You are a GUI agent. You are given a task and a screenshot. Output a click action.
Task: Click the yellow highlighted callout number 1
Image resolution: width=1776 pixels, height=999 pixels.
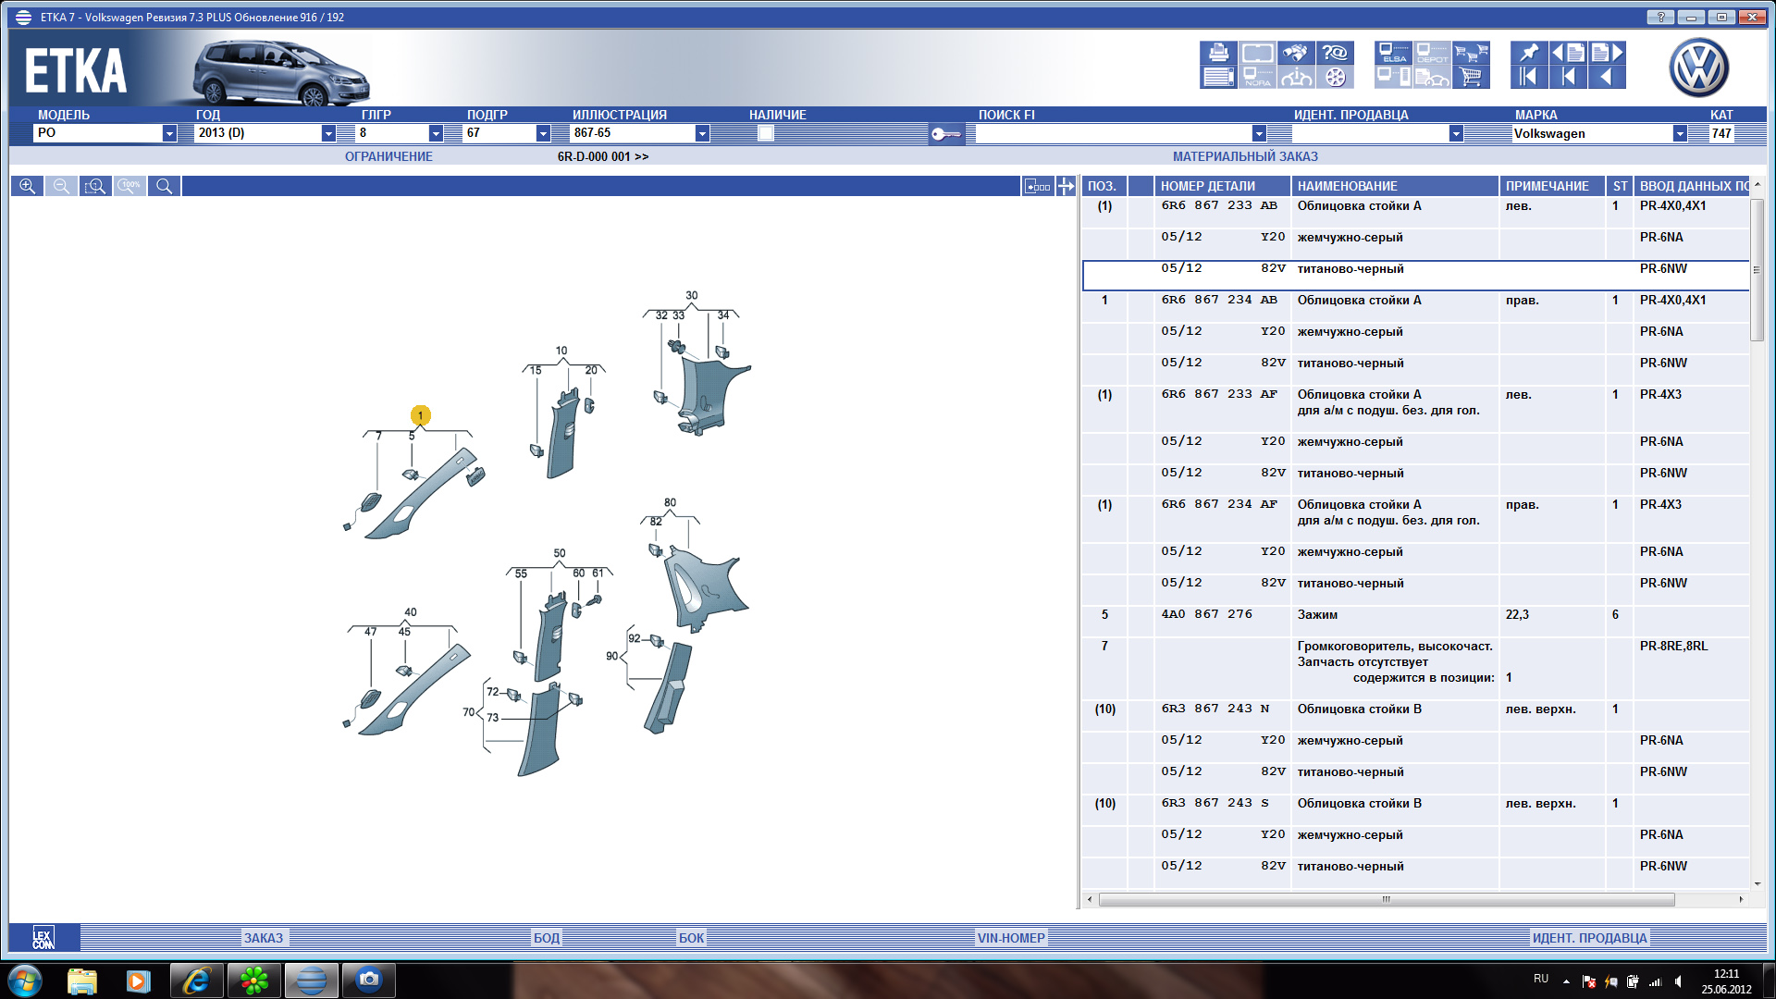tap(421, 415)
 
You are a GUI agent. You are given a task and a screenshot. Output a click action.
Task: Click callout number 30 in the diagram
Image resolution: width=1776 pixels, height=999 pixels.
tap(692, 296)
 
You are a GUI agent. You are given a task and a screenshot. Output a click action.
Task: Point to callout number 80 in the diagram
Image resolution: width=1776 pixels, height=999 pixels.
tap(670, 503)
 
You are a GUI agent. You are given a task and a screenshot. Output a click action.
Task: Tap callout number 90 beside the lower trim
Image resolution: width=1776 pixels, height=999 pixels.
tap(611, 657)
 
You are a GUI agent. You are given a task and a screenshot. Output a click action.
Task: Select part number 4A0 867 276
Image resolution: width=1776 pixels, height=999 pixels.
tap(1206, 614)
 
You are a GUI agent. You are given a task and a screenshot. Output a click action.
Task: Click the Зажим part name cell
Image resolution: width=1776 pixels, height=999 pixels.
tap(1317, 615)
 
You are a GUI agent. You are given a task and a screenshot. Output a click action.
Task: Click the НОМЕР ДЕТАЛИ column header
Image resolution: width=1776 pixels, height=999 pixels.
tap(1208, 186)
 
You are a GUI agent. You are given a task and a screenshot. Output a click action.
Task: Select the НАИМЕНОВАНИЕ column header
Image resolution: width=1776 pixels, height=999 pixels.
tap(1347, 186)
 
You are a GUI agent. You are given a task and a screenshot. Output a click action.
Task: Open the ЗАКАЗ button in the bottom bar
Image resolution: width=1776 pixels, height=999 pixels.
tap(264, 938)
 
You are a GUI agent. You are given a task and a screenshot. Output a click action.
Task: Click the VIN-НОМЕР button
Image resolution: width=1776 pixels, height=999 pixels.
tap(1011, 938)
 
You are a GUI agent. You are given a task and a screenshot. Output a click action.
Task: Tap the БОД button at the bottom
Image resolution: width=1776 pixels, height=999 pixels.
tap(546, 938)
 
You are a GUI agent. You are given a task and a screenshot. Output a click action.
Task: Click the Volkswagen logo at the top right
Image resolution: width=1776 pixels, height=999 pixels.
tap(1698, 68)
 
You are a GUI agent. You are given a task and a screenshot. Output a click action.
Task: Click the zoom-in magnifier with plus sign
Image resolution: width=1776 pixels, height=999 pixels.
tap(28, 186)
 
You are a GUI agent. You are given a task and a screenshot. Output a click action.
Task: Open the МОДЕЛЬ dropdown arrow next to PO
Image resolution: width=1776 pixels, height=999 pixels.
tap(169, 133)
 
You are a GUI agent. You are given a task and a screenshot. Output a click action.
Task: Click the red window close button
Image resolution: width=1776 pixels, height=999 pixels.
tap(1752, 17)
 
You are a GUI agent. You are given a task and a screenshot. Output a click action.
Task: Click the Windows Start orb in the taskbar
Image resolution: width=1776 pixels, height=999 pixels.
tap(25, 980)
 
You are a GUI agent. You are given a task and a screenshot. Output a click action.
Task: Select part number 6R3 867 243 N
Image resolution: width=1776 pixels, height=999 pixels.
tap(1215, 709)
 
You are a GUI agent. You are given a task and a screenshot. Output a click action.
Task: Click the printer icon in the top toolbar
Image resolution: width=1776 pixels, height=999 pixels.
tap(1218, 53)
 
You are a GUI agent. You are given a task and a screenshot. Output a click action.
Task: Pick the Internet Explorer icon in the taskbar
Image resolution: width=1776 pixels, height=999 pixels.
tap(196, 980)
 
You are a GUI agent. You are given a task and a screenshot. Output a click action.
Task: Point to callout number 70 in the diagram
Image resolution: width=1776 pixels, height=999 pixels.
tap(469, 712)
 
